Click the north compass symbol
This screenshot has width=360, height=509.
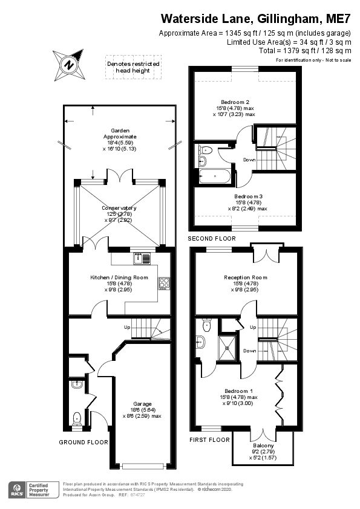click(x=70, y=64)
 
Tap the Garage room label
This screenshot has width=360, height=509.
click(x=143, y=404)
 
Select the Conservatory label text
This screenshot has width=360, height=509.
click(x=119, y=209)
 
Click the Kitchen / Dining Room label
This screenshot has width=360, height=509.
click(x=119, y=277)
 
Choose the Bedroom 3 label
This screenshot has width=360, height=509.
click(x=249, y=196)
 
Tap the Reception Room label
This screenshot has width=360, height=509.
click(x=246, y=277)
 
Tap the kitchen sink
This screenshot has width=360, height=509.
click(x=143, y=259)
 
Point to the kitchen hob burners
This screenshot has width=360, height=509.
click(x=164, y=283)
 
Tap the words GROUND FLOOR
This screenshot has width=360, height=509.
click(x=83, y=443)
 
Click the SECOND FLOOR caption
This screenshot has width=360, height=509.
click(x=212, y=239)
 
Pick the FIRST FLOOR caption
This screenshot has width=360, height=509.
click(x=210, y=439)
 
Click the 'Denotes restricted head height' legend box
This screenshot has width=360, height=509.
click(x=133, y=66)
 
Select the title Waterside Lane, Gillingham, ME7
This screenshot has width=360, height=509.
click(x=255, y=19)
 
